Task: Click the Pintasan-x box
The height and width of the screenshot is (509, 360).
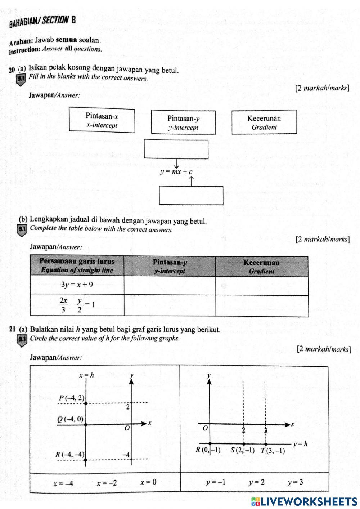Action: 102,120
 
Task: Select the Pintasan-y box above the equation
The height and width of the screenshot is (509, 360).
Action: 183,122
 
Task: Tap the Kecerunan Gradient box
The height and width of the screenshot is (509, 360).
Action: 264,122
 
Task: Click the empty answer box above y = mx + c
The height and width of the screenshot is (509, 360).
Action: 176,149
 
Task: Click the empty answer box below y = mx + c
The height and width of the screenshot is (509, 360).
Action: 191,196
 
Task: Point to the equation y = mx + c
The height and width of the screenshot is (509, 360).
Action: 176,172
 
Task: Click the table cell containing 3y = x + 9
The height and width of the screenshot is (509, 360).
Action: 77,285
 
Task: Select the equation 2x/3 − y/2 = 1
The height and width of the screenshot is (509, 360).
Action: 77,305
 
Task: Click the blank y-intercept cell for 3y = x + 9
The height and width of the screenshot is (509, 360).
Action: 170,285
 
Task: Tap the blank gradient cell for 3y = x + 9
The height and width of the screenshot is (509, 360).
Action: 262,285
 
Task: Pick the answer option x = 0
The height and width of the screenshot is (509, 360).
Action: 148,482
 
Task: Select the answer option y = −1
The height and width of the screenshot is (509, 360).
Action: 216,482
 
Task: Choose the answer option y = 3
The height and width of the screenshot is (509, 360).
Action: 295,482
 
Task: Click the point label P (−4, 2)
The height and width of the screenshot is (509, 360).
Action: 72,398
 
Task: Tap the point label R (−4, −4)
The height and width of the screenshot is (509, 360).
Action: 70,454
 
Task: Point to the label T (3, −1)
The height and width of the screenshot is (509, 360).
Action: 273,450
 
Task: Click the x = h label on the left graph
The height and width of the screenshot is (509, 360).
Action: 86,375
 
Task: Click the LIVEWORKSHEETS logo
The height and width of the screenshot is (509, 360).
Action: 304,501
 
